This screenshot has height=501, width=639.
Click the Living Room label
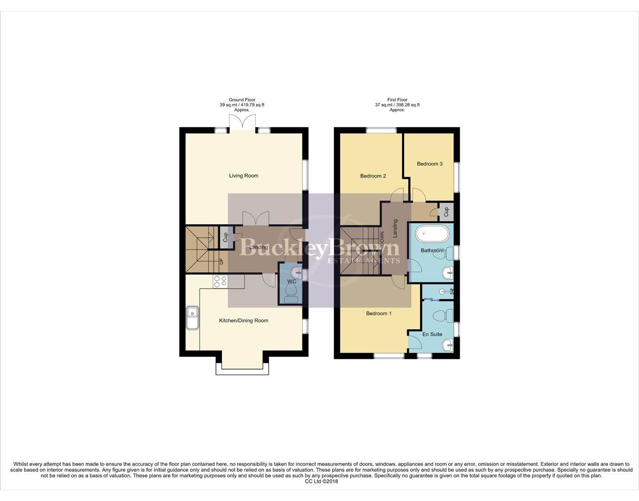pos(243,176)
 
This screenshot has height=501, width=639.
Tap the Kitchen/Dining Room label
pos(243,321)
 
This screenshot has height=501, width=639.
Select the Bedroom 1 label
pos(378,314)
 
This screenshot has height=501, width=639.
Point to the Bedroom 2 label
pos(373,176)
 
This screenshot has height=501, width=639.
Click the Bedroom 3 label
pos(430,164)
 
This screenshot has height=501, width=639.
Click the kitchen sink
pos(192,318)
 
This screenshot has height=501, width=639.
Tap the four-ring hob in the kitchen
pos(220,281)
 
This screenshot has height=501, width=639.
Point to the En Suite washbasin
pos(447,345)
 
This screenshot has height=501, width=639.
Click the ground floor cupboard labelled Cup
pos(226,237)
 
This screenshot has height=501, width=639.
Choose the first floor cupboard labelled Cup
pos(446,212)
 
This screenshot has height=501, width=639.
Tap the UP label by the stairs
pos(221,262)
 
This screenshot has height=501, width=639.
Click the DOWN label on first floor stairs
pos(382,239)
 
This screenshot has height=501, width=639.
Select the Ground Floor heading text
pos(242,100)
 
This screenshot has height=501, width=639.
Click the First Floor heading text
pos(397,100)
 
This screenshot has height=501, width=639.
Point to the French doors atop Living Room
pos(243,123)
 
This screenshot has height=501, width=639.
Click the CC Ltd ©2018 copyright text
pos(321,482)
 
